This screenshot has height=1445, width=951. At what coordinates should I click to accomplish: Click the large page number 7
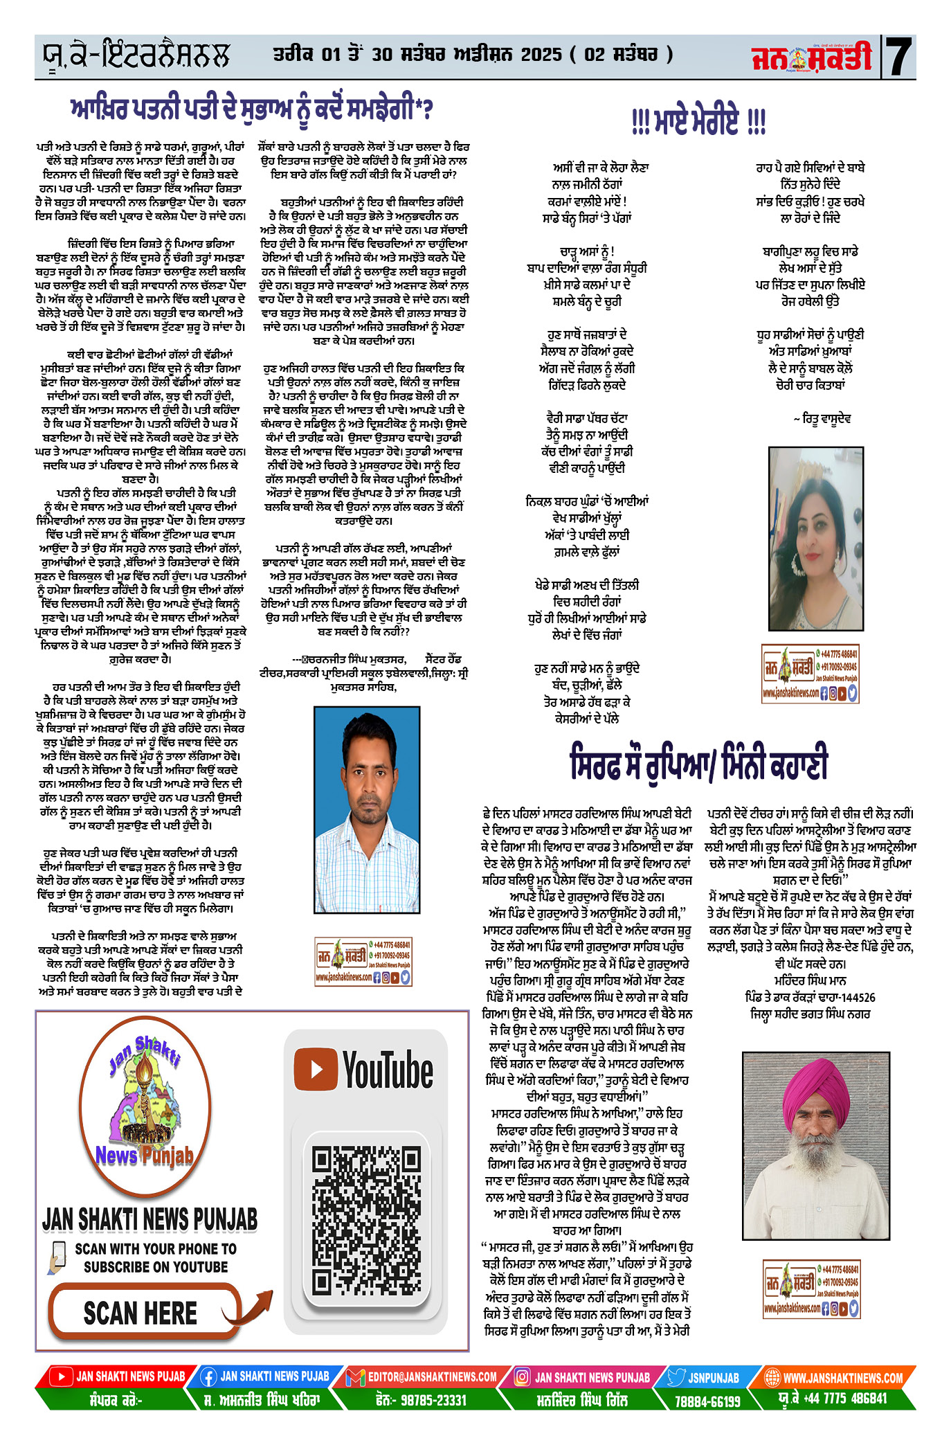point(899,57)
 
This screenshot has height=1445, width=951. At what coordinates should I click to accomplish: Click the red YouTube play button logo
point(316,1069)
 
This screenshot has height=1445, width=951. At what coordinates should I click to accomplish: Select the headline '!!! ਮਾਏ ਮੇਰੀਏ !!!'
point(698,122)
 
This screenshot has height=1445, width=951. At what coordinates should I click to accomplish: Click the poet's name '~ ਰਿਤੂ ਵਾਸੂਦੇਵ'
point(822,419)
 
